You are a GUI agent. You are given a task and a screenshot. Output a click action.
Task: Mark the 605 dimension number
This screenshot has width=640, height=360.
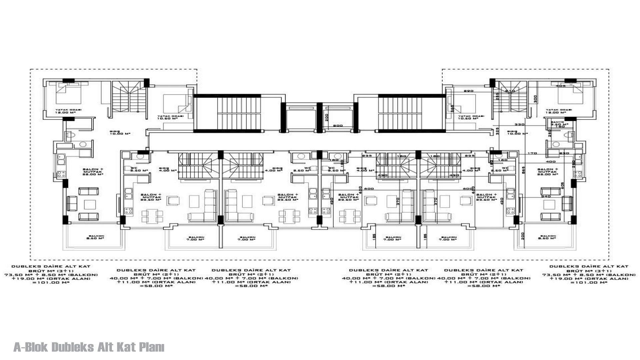(x=572, y=185)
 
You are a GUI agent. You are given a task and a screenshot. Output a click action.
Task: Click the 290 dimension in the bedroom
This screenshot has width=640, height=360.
(x=468, y=91)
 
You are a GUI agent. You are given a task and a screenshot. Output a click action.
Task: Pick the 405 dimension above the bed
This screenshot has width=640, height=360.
(x=561, y=86)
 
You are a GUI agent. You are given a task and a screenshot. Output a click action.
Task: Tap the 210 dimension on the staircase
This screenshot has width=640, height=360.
(x=510, y=91)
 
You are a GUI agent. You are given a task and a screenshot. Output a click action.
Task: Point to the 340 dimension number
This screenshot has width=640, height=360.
(x=452, y=108)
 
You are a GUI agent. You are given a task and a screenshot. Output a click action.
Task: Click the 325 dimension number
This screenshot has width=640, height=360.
(x=497, y=131)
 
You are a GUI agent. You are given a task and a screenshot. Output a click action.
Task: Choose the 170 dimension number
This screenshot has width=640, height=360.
(x=532, y=153)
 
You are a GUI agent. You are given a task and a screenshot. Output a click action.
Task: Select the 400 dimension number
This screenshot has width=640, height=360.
(x=551, y=162)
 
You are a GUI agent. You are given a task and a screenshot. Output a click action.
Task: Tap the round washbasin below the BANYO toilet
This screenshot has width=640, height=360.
(x=556, y=144)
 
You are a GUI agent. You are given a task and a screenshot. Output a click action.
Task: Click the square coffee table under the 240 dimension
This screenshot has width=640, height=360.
(x=549, y=205)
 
